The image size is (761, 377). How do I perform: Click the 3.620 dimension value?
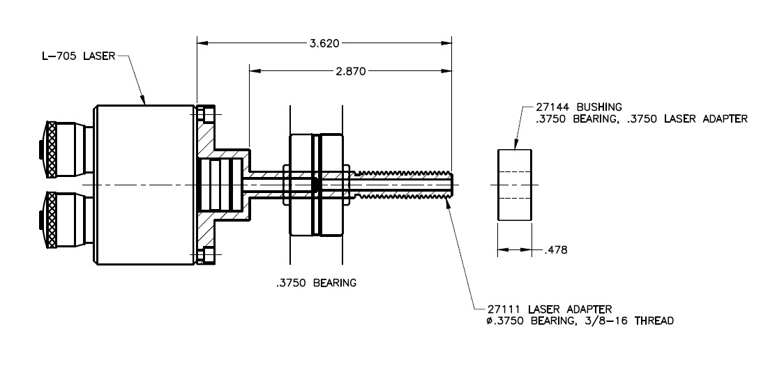[324, 43]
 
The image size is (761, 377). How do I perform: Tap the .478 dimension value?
[555, 249]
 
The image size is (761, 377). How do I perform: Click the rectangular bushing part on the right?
[513, 185]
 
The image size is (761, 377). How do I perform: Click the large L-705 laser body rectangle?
[145, 185]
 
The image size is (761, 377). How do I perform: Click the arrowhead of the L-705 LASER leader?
[144, 102]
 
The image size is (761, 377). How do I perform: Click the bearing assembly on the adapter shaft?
[315, 185]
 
